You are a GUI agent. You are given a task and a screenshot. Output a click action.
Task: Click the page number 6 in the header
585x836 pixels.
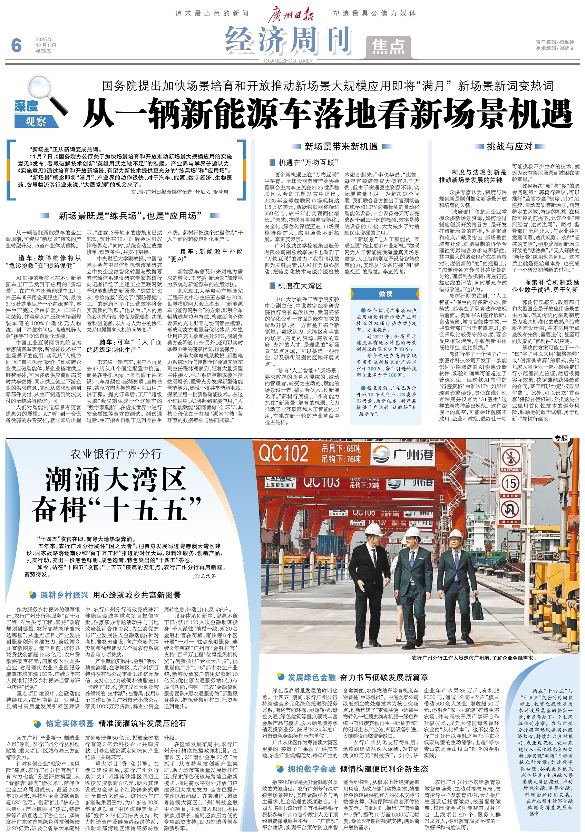[x=16, y=46]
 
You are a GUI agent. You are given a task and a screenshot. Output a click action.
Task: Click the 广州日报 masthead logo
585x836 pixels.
[x=291, y=14]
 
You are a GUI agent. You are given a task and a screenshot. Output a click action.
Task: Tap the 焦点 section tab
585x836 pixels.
[x=388, y=47]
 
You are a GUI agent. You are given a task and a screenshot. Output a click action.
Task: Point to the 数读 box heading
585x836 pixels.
[x=386, y=293]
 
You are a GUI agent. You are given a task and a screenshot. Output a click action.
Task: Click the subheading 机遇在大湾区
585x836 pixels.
[x=300, y=286]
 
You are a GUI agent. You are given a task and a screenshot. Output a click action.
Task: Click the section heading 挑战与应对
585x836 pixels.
[x=510, y=146]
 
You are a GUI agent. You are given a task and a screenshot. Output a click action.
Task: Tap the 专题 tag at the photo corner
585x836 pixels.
[x=561, y=438]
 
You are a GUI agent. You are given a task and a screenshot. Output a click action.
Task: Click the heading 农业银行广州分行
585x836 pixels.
[x=116, y=454]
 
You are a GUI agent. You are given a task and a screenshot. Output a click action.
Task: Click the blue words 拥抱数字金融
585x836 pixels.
[x=311, y=769]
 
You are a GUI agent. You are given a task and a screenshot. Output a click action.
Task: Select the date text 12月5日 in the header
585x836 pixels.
[x=46, y=45]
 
